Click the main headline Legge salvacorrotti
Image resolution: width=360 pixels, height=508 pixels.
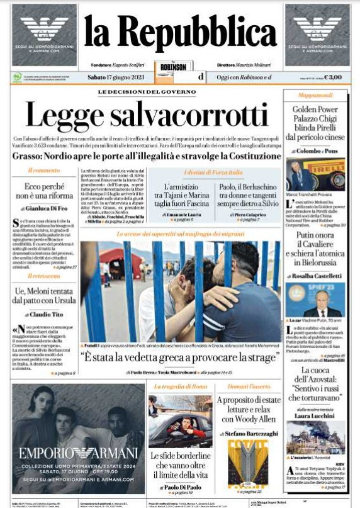(x=147, y=115)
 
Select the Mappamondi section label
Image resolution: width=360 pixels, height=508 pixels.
(x=315, y=96)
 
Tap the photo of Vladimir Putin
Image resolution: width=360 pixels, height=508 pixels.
(x=315, y=300)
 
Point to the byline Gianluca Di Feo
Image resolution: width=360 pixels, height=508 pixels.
(x=46, y=208)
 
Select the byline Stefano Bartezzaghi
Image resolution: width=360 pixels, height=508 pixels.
(x=248, y=434)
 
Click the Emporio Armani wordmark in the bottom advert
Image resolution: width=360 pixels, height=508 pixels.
(x=78, y=453)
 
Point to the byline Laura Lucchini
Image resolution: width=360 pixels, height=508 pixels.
(x=315, y=415)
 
